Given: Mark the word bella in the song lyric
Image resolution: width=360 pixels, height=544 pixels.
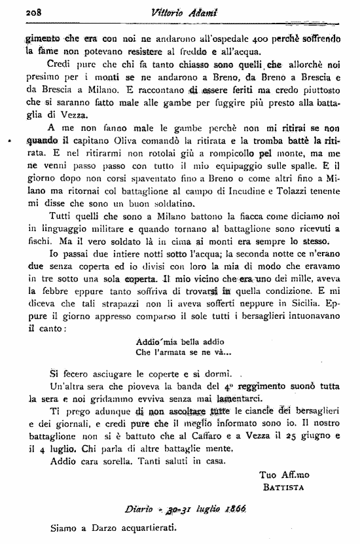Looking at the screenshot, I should tap(185, 359).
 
